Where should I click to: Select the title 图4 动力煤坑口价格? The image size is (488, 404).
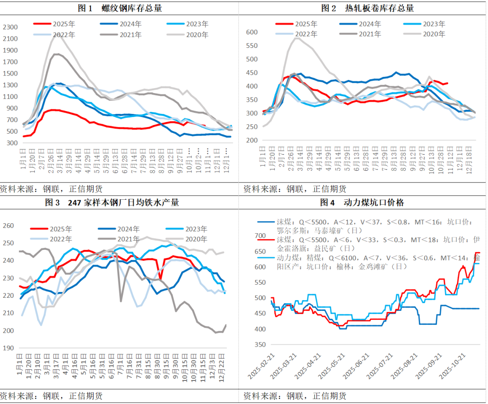361,202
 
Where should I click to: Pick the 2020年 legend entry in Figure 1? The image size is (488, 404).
187,34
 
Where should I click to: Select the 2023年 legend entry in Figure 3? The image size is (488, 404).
188,229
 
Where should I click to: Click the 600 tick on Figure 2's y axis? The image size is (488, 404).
252,32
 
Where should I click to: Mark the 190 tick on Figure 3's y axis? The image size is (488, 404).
9,348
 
